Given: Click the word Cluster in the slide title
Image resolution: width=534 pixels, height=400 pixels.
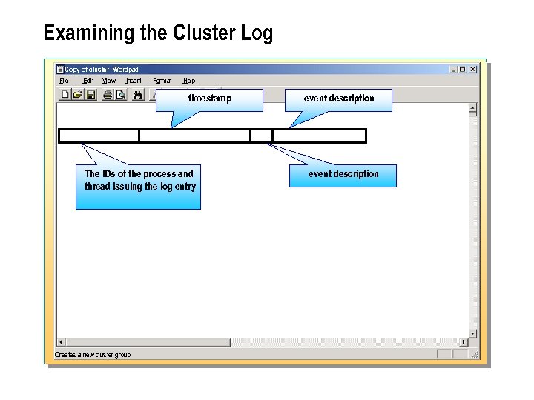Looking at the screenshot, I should pyautogui.click(x=203, y=33).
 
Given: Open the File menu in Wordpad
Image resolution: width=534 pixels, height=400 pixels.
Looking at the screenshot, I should pyautogui.click(x=64, y=81).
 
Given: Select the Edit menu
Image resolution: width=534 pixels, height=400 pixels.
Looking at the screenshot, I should pyautogui.click(x=88, y=81).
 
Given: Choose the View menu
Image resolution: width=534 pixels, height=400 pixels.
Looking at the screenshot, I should pyautogui.click(x=109, y=81).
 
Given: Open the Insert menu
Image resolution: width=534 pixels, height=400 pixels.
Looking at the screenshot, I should pyautogui.click(x=133, y=81).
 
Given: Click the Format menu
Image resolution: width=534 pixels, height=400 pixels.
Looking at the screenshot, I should pyautogui.click(x=162, y=81).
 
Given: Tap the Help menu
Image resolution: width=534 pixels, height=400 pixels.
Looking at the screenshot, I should pyautogui.click(x=189, y=81).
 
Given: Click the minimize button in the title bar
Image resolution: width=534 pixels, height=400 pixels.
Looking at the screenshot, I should pyautogui.click(x=453, y=70).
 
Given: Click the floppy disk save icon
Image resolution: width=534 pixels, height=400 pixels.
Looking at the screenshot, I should pyautogui.click(x=90, y=95).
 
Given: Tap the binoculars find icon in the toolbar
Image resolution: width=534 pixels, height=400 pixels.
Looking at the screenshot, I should pyautogui.click(x=137, y=95).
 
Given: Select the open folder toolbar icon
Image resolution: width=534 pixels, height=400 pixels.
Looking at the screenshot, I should pyautogui.click(x=78, y=95).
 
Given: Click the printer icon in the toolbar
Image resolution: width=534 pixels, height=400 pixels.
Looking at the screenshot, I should pyautogui.click(x=108, y=95).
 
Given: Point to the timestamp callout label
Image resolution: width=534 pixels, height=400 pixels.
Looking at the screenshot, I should pyautogui.click(x=209, y=99).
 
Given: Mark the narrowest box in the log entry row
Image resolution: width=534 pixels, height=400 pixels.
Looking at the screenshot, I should pyautogui.click(x=261, y=136).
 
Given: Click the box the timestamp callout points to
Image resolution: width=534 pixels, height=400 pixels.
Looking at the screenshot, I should pyautogui.click(x=194, y=136).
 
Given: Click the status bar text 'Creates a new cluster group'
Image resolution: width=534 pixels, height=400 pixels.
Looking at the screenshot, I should pyautogui.click(x=93, y=355).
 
